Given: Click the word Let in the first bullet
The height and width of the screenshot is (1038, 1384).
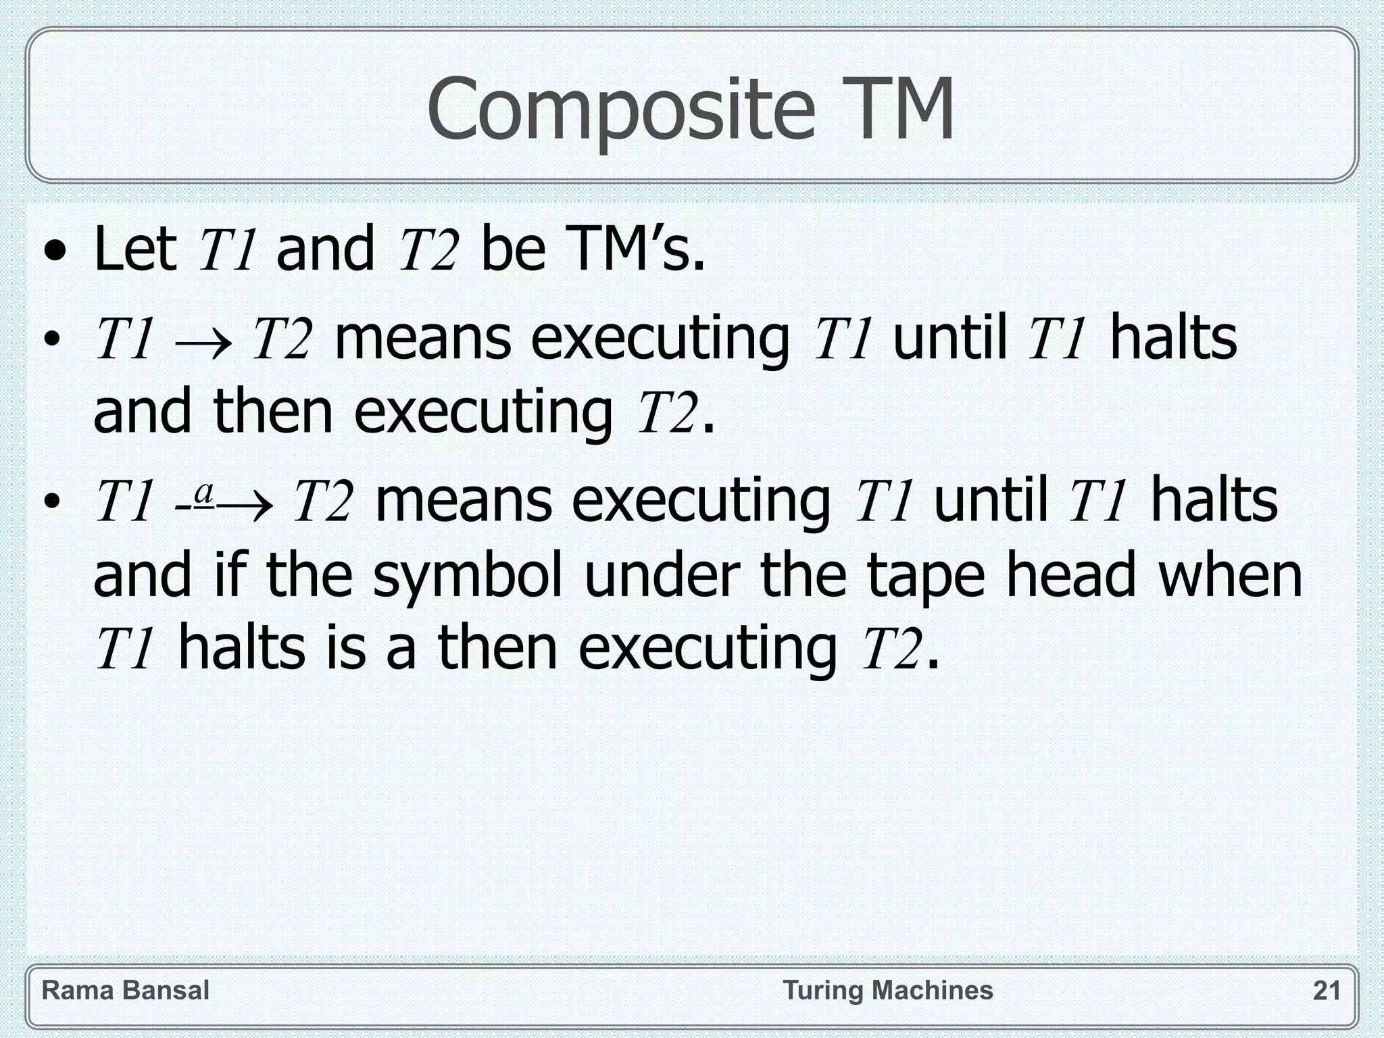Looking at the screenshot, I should coord(135,249).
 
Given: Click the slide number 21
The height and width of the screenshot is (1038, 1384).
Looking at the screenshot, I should coord(1327,991).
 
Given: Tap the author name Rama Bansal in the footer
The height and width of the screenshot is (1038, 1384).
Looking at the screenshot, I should coord(126,991).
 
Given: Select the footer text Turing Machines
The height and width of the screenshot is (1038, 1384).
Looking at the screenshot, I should coord(888,991).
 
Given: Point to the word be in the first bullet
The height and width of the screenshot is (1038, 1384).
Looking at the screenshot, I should coord(512,249).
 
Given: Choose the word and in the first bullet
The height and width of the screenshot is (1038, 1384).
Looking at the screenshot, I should coord(325,249).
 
